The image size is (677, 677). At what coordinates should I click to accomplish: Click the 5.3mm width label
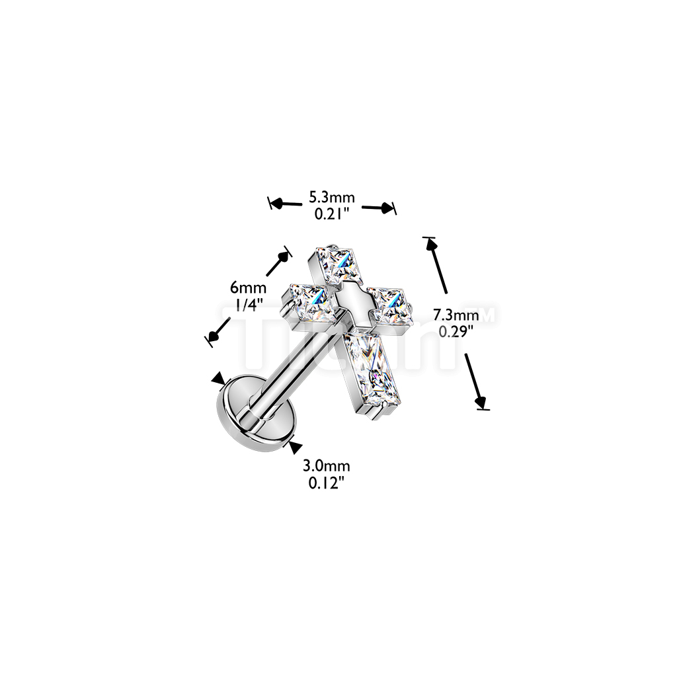(333, 197)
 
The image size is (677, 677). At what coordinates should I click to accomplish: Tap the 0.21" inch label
(333, 214)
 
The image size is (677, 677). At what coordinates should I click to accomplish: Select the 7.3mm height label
(456, 315)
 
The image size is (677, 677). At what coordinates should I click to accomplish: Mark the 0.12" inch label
(327, 483)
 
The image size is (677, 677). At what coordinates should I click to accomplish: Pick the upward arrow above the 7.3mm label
(437, 264)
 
